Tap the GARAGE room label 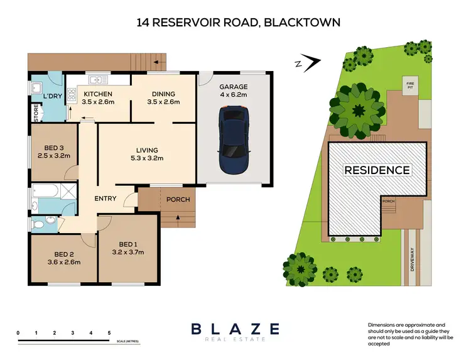click(233, 87)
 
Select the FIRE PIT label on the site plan click(409, 84)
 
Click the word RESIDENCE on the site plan click(376, 170)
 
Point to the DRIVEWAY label click(412, 258)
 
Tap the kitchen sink click(97, 80)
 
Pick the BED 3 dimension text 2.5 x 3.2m click(53, 156)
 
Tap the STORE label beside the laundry click(36, 112)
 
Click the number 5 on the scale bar click(109, 332)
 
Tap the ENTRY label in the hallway click(106, 199)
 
